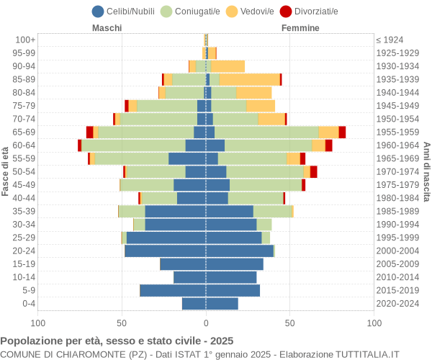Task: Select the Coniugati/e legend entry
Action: [189, 11]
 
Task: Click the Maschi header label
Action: [107, 28]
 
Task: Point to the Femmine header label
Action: [300, 28]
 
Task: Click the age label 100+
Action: [26, 40]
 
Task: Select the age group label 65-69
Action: [24, 132]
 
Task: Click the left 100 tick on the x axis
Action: [38, 323]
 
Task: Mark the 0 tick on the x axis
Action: [206, 323]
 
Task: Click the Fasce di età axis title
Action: [6, 171]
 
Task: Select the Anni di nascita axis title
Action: [426, 171]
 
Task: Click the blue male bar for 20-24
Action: [165, 251]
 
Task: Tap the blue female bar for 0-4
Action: [222, 303]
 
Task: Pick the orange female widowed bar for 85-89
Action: [249, 79]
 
